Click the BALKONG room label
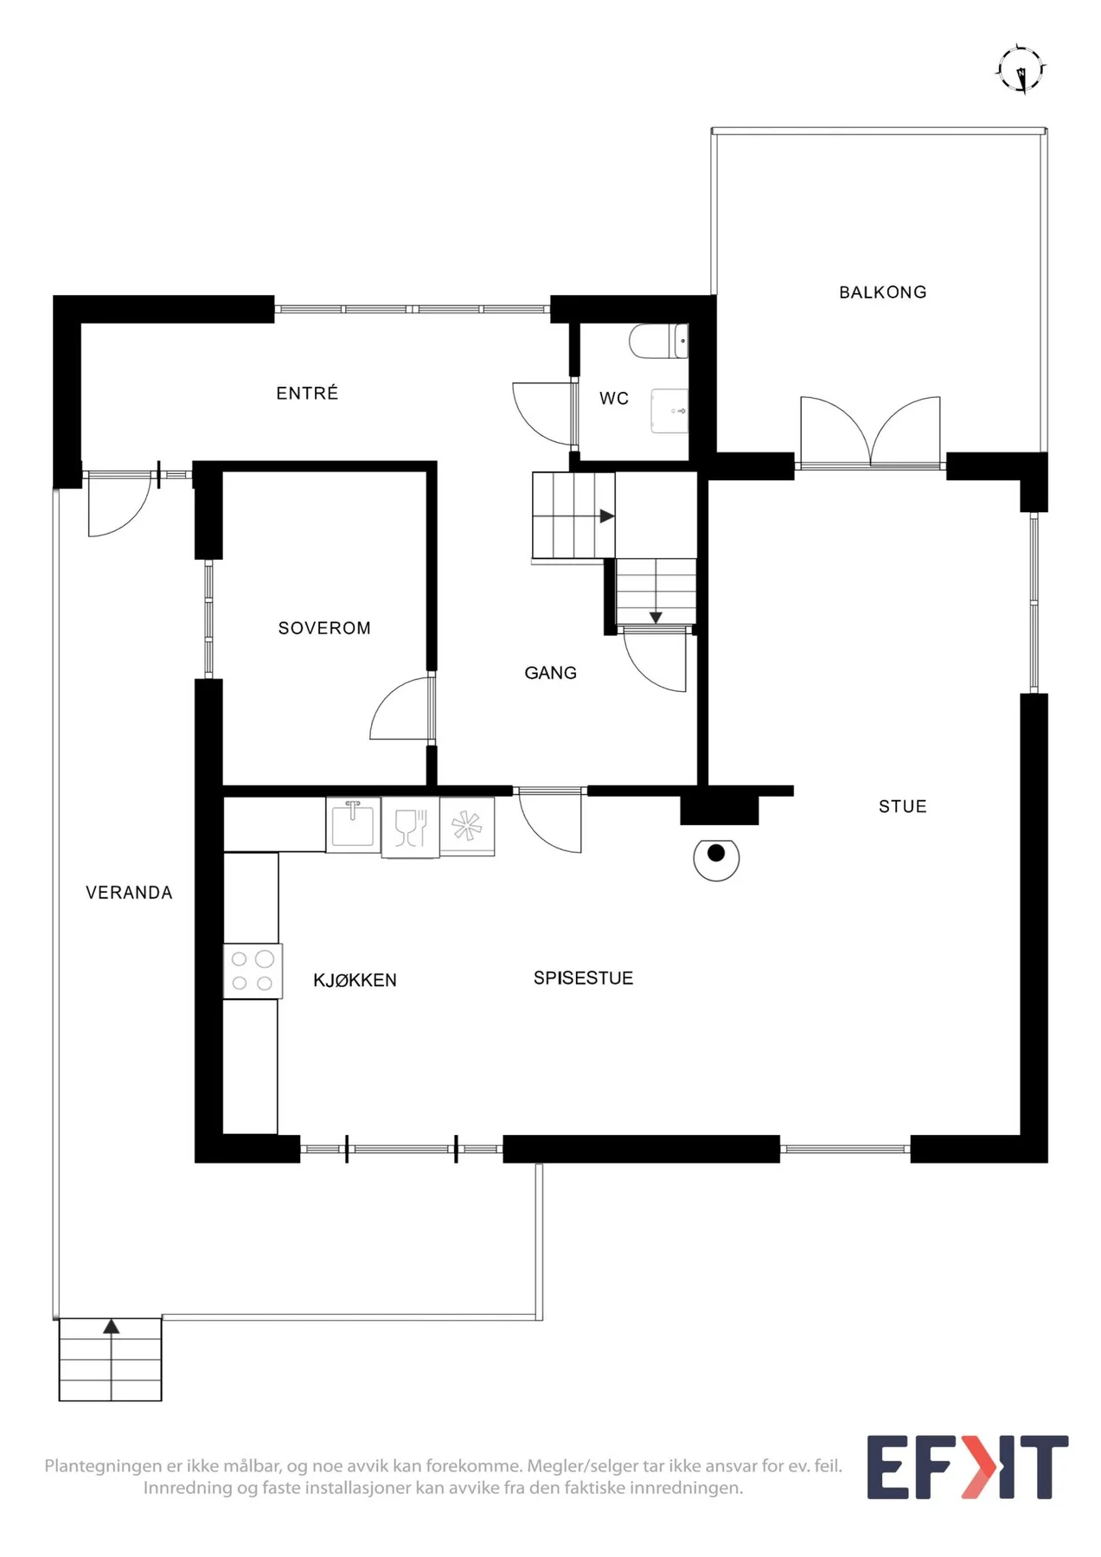click(882, 292)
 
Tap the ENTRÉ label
click(307, 393)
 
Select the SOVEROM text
click(324, 628)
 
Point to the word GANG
click(550, 673)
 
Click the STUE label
click(902, 807)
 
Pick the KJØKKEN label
click(355, 980)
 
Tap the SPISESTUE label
click(583, 978)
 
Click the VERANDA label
click(129, 893)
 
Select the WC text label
click(614, 399)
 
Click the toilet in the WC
click(659, 342)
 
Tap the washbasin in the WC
click(669, 411)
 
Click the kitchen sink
click(353, 824)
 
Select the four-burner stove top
click(253, 971)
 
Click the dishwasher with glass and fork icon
click(411, 828)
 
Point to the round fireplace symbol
click(716, 860)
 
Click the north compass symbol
click(1021, 69)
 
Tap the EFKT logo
click(968, 1467)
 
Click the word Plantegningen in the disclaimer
click(103, 1466)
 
